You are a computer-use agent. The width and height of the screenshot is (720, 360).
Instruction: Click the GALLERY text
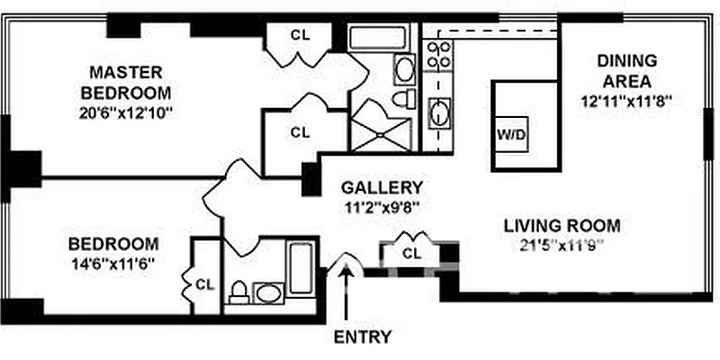pos(382,188)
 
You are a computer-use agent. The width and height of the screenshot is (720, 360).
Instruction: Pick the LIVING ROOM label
pos(561,225)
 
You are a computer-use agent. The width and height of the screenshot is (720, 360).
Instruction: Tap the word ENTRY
pos(363,337)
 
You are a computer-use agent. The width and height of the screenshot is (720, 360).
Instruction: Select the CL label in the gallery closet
pos(412,253)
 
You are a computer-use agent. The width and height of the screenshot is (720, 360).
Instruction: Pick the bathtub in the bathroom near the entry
pos(299,265)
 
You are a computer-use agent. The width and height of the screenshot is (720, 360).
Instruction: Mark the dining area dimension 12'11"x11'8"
pos(627,102)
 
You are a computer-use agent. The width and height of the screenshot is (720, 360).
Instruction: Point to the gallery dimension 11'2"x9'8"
pos(382,206)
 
